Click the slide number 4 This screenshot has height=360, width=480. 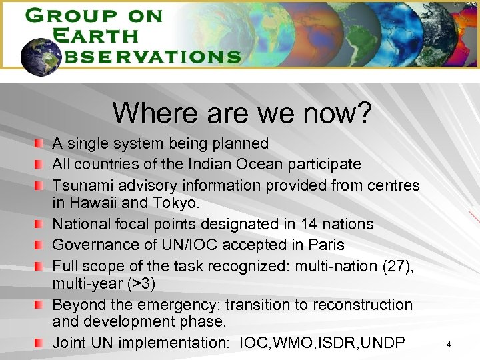449,345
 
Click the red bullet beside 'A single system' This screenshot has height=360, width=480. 41,143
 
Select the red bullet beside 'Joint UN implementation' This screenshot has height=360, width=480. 41,343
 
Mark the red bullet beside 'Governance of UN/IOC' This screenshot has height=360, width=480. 41,245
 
